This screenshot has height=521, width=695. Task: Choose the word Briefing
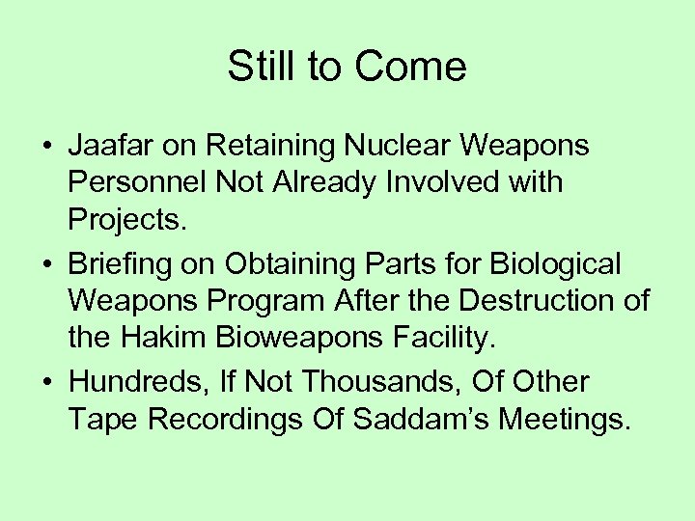(x=125, y=264)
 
